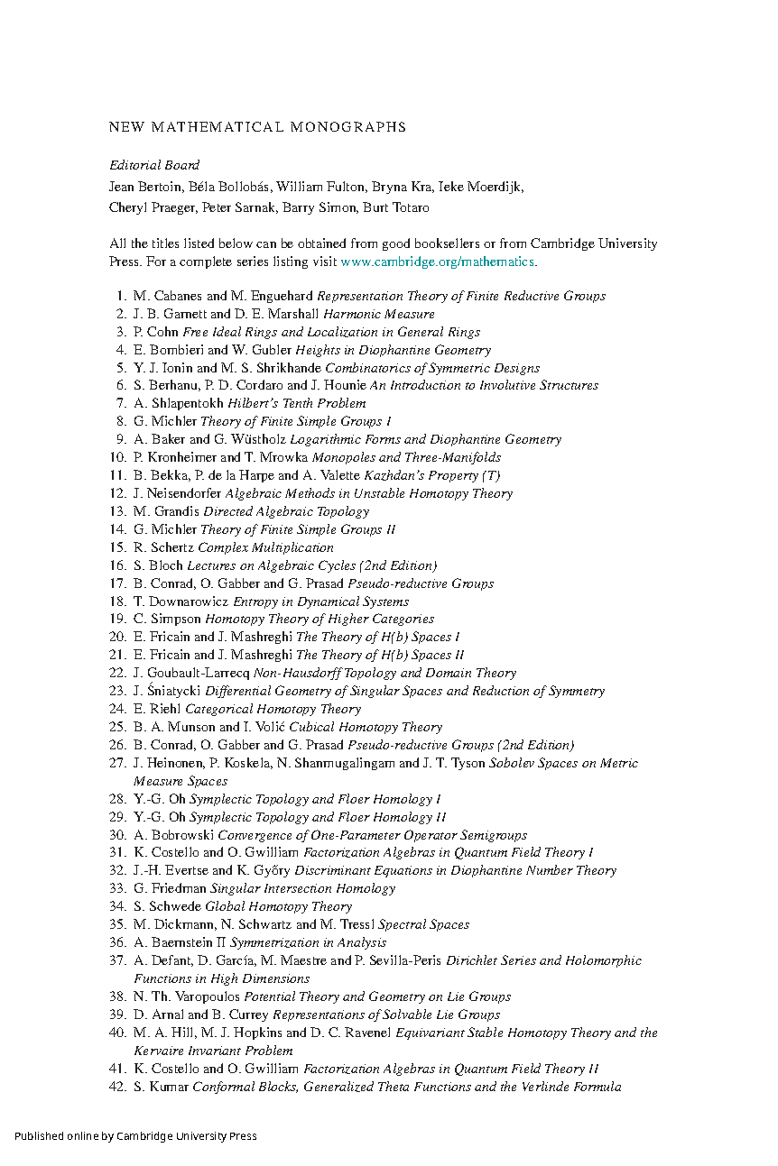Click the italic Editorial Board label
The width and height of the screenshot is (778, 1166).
pyautogui.click(x=154, y=165)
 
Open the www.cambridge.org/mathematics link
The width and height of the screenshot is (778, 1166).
pyautogui.click(x=437, y=262)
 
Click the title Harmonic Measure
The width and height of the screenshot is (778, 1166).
pyautogui.click(x=379, y=314)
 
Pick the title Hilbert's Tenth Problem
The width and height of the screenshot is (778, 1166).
pyautogui.click(x=297, y=403)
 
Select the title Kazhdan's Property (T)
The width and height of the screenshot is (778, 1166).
pyautogui.click(x=431, y=475)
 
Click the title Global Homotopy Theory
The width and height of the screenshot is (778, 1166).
pyautogui.click(x=278, y=906)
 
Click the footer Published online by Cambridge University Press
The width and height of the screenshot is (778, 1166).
pyautogui.click(x=135, y=1136)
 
